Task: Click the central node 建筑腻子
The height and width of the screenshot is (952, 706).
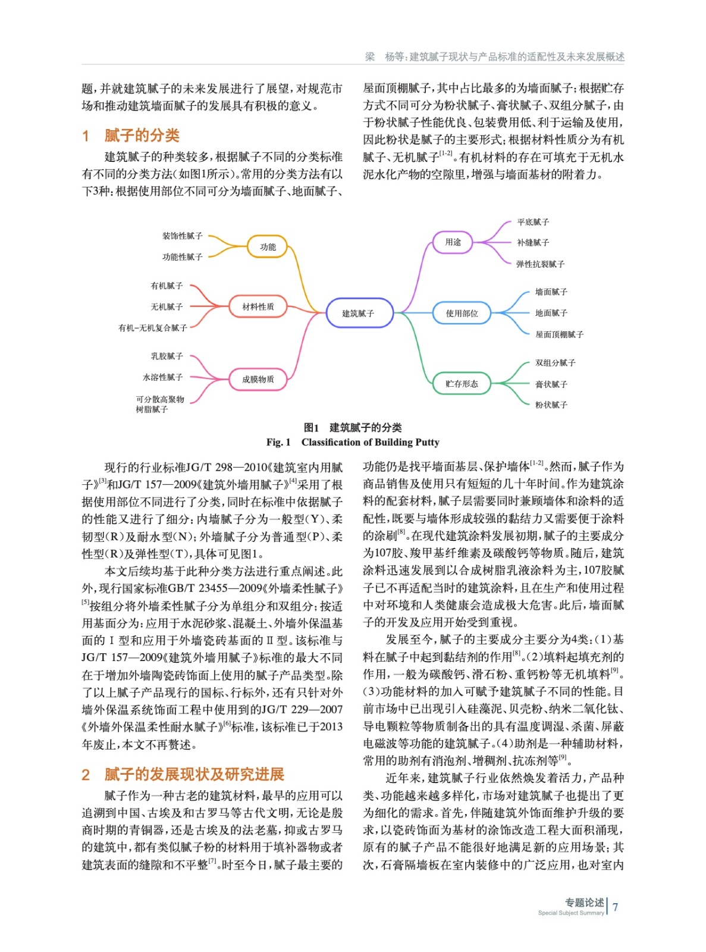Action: pos(359,313)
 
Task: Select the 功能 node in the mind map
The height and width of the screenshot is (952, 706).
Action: pos(268,246)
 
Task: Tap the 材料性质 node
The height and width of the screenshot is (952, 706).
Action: pos(258,306)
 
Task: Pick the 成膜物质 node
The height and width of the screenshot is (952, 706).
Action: pos(258,379)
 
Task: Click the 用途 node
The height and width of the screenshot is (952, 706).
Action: pos(453,242)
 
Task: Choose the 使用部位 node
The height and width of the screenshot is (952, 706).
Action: pos(462,313)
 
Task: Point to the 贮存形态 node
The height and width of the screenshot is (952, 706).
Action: pos(462,384)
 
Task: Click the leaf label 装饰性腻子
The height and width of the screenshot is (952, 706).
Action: pos(182,236)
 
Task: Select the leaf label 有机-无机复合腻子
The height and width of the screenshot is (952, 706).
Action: pos(153,328)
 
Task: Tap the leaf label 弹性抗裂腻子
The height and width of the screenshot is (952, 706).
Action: pos(540,264)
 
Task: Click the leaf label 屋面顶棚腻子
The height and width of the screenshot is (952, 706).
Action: pos(559,334)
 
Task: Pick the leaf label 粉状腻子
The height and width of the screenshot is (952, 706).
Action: pos(551,405)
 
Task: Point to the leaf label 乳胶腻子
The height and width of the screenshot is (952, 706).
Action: pos(167,356)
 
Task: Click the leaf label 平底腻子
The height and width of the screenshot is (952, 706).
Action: pos(533,222)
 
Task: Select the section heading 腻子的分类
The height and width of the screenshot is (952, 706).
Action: pos(142,136)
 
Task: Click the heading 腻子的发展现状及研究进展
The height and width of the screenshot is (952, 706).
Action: pos(194,774)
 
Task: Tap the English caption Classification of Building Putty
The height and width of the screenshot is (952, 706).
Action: pos(370,442)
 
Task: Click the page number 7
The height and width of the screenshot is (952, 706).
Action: pos(615,907)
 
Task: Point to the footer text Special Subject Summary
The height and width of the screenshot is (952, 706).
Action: pos(570,913)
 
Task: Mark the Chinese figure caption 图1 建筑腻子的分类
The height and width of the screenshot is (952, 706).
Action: pos(353,427)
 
